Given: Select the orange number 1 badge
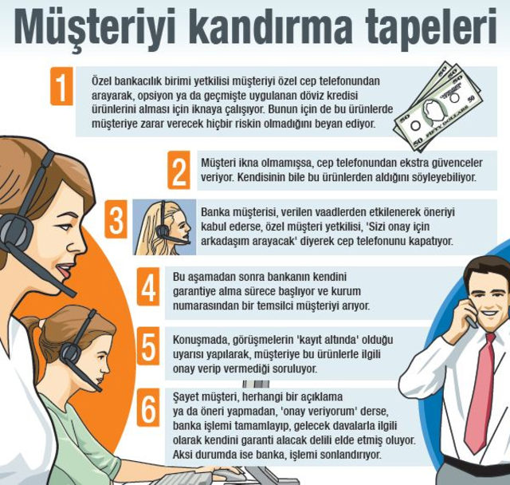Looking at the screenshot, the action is [x=61, y=86].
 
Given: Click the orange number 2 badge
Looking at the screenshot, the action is [x=178, y=170].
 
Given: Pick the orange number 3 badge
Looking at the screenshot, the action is [x=116, y=219].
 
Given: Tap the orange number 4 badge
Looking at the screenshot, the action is [x=148, y=286].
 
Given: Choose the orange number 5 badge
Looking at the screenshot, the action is [x=148, y=346].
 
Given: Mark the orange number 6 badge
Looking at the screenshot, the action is [x=148, y=407].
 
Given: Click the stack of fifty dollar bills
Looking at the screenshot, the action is [x=438, y=106].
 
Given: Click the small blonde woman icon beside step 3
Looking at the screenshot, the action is [x=165, y=227].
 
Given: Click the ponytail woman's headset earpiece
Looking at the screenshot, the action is [x=70, y=353].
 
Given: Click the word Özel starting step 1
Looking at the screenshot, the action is [x=101, y=81].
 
